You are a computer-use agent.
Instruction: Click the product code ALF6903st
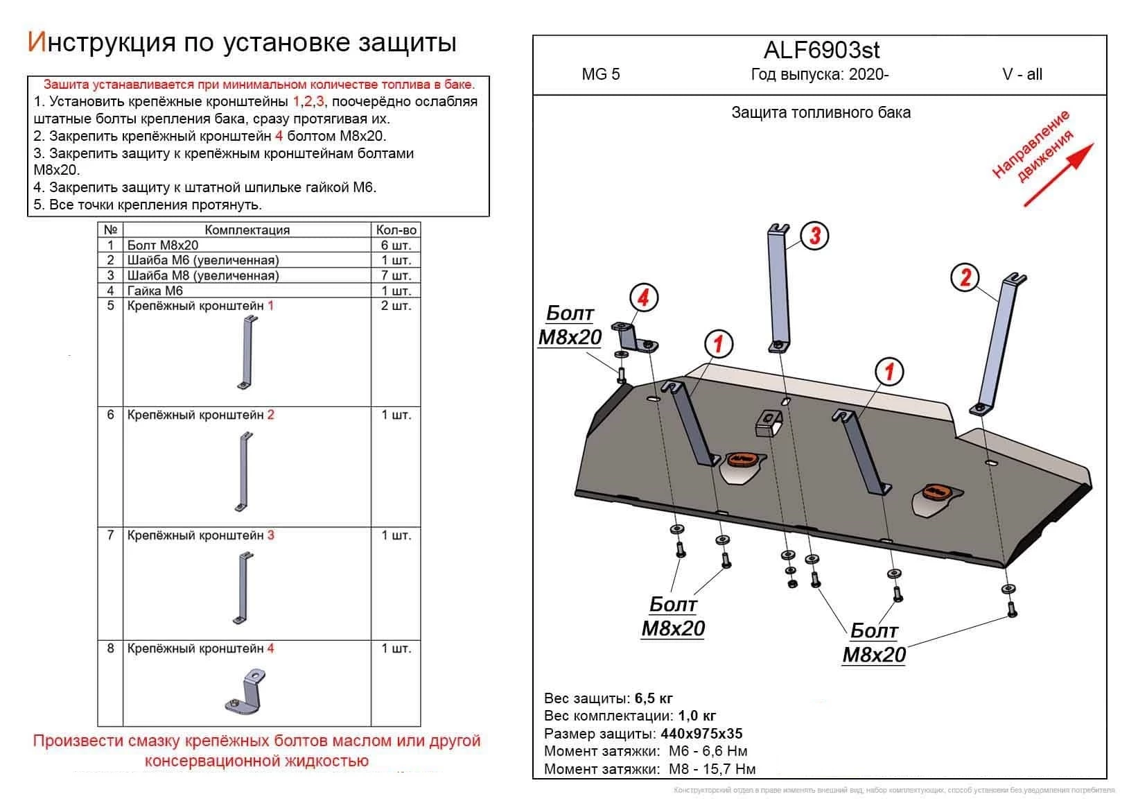pos(821,50)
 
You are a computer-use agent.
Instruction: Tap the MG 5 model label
pos(601,75)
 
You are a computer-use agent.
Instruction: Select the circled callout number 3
pos(815,236)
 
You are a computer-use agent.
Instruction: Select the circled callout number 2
pos(965,278)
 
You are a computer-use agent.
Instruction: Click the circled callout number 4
pos(643,298)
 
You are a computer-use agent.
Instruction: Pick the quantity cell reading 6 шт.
pos(396,245)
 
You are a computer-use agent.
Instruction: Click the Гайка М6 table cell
pos(155,291)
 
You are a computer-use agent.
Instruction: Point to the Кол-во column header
pos(396,230)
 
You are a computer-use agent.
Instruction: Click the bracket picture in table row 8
pos(246,691)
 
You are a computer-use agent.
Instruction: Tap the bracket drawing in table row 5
pos(246,354)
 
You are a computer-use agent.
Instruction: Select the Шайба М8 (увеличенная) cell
pos(202,276)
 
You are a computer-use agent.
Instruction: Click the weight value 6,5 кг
pos(653,698)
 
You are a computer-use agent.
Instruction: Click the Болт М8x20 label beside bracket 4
pos(570,326)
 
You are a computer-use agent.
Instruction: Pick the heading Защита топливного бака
pos(821,112)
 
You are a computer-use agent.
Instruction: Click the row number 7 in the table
pos(110,535)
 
